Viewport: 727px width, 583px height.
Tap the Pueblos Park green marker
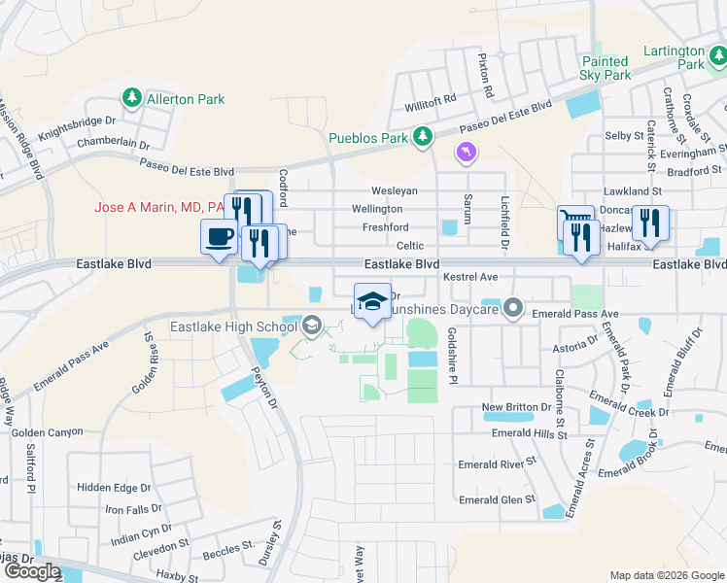pos(422,138)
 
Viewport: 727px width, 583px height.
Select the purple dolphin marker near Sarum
pos(467,153)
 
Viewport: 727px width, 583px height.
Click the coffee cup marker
pos(219,235)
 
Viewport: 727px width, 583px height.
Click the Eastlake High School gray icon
pos(312,326)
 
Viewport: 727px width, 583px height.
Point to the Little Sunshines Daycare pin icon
pos(514,309)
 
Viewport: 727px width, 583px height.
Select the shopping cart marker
pos(574,222)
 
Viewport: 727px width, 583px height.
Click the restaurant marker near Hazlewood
pos(649,223)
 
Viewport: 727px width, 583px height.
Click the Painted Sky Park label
pos(606,68)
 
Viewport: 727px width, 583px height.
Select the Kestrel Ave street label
pos(469,277)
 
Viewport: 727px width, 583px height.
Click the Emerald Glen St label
pos(497,499)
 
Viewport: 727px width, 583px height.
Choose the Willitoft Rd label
pos(431,100)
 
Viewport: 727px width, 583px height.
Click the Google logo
pos(31,571)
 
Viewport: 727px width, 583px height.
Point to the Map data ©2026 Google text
pos(666,575)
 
